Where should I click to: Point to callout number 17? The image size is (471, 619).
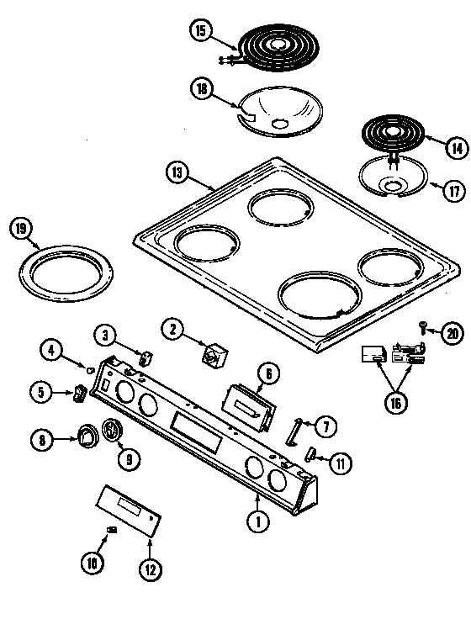point(453,191)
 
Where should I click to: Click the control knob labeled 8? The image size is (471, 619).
point(87,436)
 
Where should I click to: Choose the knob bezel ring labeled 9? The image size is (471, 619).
point(111,432)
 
